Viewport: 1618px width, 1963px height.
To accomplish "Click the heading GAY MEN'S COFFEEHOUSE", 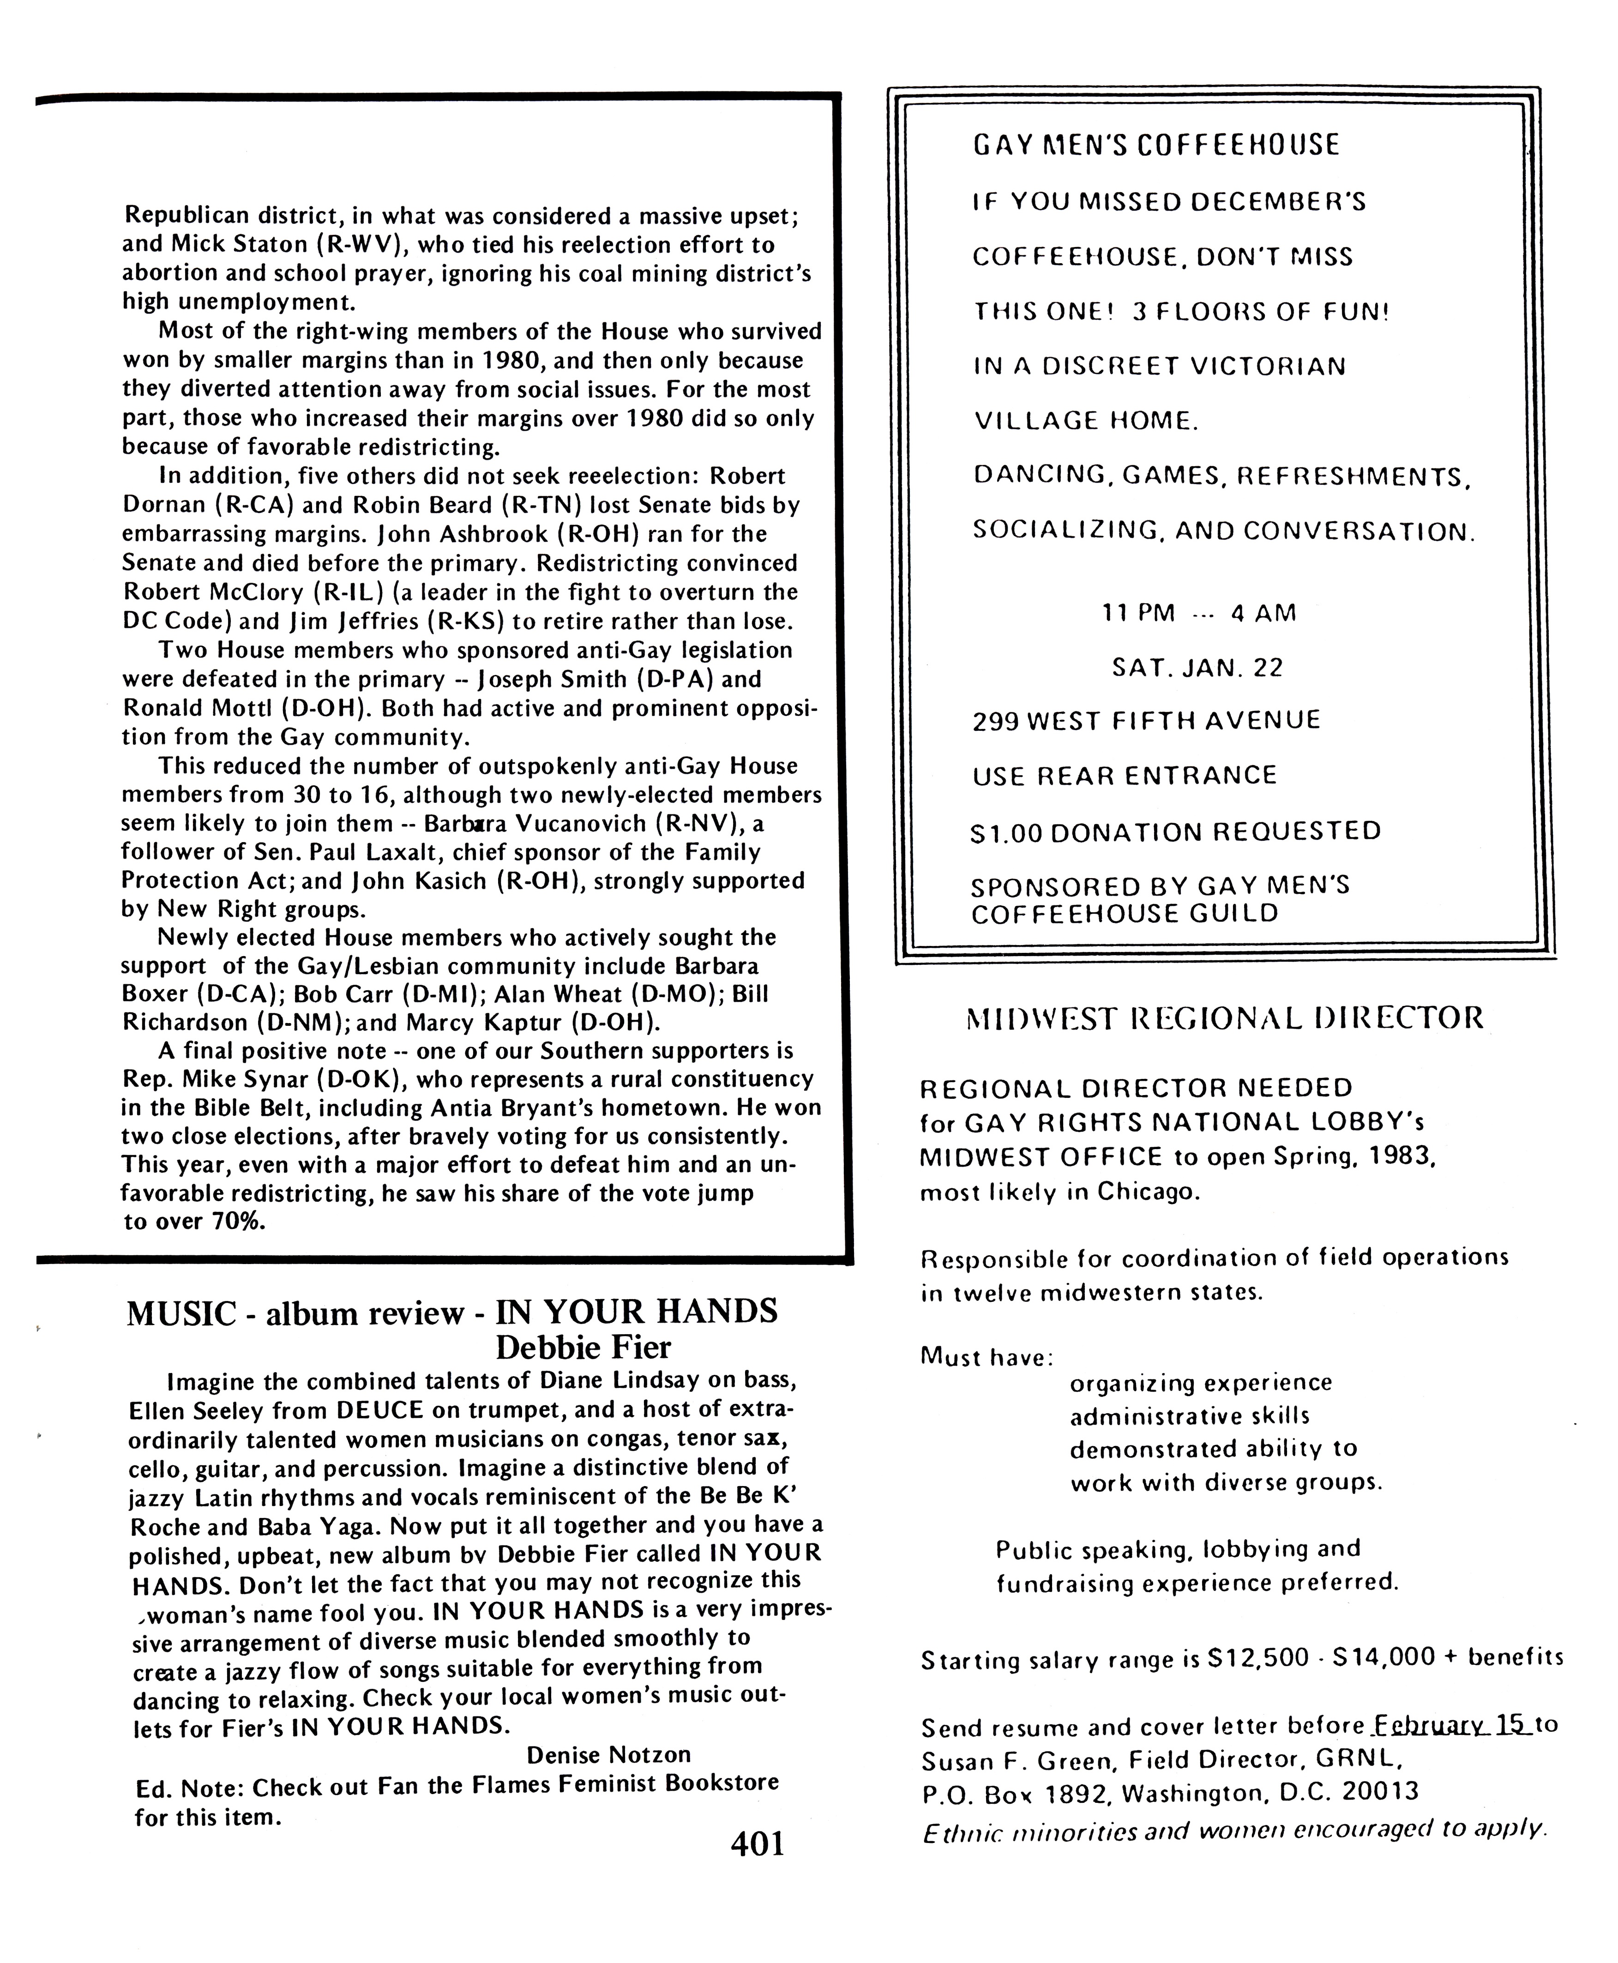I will pos(1156,145).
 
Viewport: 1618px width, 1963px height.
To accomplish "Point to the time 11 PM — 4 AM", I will pos(1198,613).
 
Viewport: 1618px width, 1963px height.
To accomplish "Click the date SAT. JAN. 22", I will pos(1197,668).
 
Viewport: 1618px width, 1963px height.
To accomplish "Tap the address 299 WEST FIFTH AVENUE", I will pos(1146,721).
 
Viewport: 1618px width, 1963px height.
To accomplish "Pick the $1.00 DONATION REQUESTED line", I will pos(1175,831).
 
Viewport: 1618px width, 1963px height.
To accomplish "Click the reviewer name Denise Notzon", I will pos(608,1755).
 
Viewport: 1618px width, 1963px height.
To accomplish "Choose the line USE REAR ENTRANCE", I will pos(1124,776).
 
